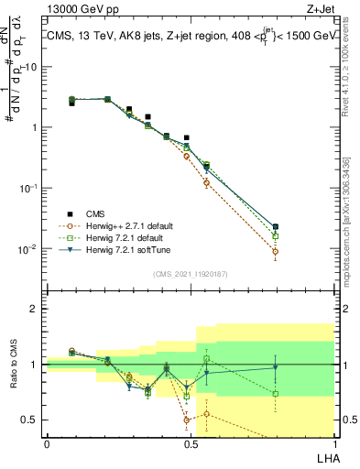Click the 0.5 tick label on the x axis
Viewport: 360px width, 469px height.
click(190, 442)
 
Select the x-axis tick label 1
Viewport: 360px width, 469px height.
click(333, 442)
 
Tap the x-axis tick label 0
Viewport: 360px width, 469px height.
click(47, 442)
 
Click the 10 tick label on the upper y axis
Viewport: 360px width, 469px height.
click(30, 67)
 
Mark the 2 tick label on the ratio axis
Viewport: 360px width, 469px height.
click(34, 309)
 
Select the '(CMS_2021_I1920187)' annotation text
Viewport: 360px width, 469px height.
click(190, 274)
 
